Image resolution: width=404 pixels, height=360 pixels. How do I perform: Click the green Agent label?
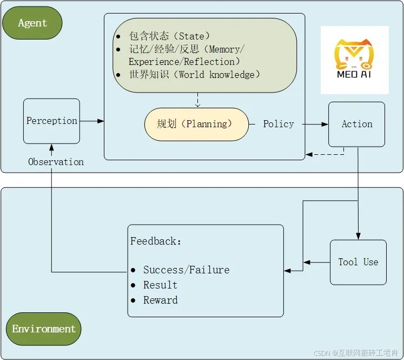(x=32, y=23)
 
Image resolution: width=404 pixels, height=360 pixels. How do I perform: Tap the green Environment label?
(x=44, y=329)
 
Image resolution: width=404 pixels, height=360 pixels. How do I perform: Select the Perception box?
(x=51, y=121)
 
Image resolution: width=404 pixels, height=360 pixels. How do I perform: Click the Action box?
(x=356, y=124)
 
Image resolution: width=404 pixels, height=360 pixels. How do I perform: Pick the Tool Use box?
(x=358, y=262)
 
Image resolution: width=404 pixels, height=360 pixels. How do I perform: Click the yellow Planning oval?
(x=196, y=124)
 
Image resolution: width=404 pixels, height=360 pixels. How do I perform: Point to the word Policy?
(x=278, y=124)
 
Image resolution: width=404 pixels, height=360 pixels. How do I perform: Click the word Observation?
(x=56, y=162)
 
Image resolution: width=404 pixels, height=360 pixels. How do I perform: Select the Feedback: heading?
(x=156, y=241)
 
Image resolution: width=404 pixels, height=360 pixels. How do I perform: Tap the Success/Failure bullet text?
(x=186, y=270)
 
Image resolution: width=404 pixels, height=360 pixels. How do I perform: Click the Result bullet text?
(x=160, y=285)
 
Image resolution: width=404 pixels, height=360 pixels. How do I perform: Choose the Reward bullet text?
(x=160, y=300)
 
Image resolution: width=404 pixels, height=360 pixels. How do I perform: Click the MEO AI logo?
(x=354, y=60)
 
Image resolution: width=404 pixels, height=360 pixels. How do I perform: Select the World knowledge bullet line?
(x=194, y=75)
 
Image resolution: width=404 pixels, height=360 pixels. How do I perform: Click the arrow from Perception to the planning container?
(x=92, y=121)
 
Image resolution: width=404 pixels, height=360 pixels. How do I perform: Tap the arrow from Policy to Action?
(x=315, y=124)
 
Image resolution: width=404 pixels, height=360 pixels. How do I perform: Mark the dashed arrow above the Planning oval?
(x=197, y=100)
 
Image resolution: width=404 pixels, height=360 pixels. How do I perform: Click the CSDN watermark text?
(x=357, y=352)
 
